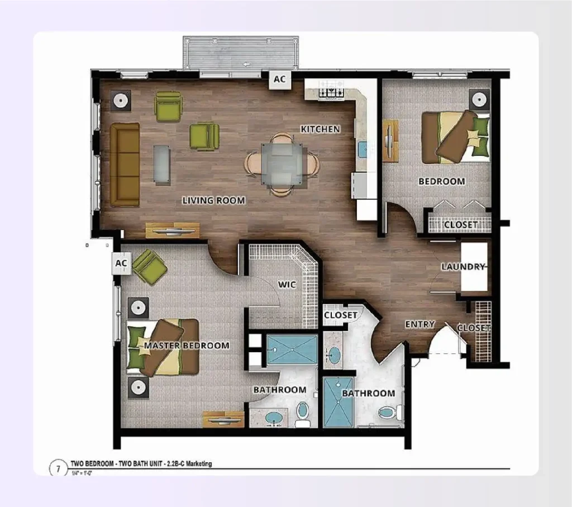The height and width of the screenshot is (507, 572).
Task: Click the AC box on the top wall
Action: click(x=279, y=79)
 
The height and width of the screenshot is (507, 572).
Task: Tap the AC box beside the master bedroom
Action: click(x=121, y=263)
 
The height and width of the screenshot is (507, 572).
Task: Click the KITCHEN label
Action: click(x=320, y=129)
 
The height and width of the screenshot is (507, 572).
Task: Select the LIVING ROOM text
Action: click(x=213, y=200)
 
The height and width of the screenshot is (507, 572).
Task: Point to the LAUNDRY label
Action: click(x=463, y=267)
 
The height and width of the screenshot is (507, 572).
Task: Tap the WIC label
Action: click(x=287, y=285)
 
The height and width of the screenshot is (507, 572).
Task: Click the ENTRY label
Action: click(x=420, y=325)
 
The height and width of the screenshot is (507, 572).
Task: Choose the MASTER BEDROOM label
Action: click(x=187, y=345)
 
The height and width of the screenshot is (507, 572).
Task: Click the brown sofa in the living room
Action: click(x=124, y=165)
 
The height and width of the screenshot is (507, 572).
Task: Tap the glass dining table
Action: click(x=282, y=164)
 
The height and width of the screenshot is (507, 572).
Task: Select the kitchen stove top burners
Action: click(x=331, y=90)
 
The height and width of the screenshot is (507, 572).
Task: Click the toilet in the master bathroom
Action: click(x=302, y=413)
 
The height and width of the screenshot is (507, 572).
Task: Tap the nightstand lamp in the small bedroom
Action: click(x=479, y=99)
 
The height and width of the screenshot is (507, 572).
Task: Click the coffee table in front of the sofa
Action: click(x=161, y=164)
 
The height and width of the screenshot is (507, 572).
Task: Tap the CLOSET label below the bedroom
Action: click(x=461, y=225)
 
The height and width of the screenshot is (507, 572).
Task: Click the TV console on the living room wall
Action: click(x=173, y=230)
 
